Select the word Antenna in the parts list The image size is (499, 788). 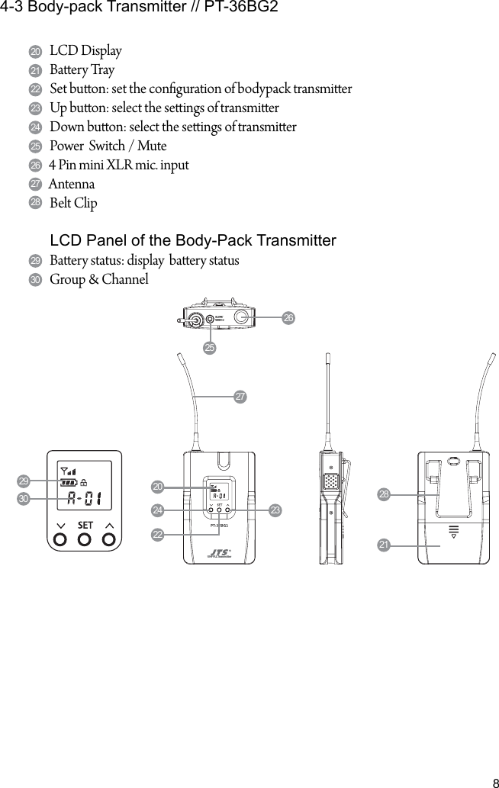point(72,185)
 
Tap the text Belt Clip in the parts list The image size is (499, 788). point(73,204)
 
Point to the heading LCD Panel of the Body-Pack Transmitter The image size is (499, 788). point(192,241)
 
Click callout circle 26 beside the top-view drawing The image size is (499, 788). point(288,317)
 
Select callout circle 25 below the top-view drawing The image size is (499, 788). point(210,348)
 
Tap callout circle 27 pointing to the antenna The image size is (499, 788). point(240,397)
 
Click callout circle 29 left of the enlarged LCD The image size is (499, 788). point(24,481)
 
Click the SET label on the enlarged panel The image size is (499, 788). point(85,525)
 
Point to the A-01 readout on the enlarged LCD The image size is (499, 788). point(85,500)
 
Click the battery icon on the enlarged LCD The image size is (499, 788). point(69,483)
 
